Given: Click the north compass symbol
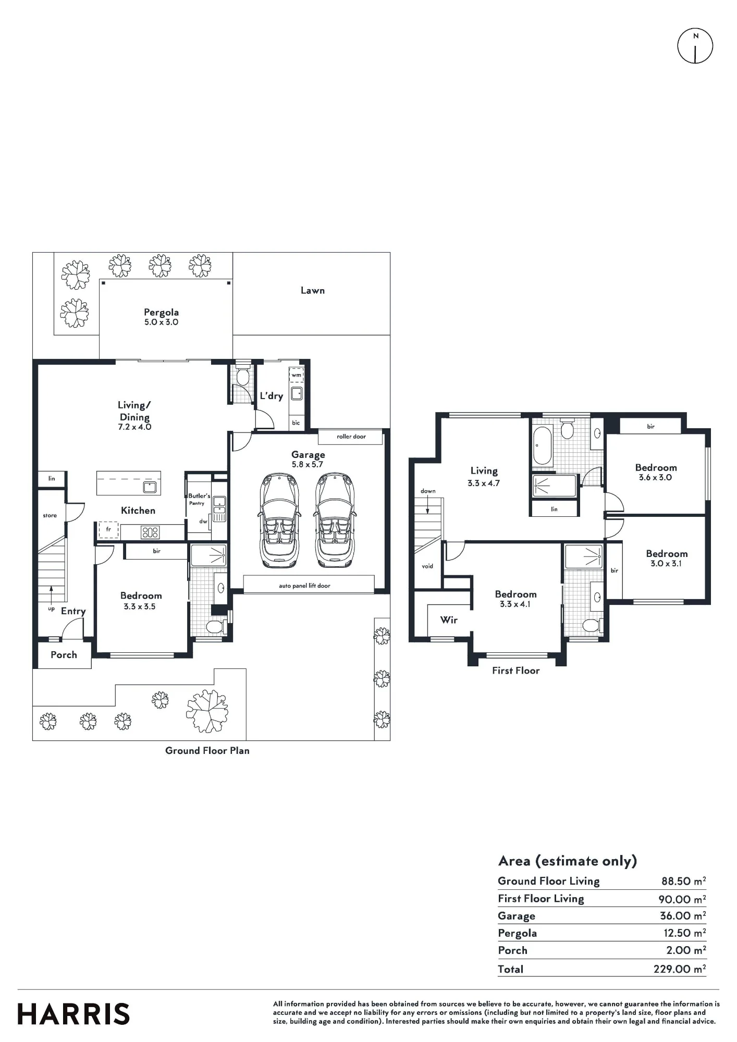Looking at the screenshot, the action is (695, 46).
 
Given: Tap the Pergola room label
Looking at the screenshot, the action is (162, 313).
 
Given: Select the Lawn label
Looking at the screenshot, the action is (313, 291).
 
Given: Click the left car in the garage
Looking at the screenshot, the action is (279, 520).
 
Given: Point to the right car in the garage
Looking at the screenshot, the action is (335, 520).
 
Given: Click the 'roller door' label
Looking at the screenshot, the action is (351, 437).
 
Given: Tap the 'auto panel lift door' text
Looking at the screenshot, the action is (304, 586).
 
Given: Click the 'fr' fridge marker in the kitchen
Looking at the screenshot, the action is (108, 529).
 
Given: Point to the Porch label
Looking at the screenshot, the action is (64, 655).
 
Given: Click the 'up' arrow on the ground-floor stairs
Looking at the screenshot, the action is (51, 594).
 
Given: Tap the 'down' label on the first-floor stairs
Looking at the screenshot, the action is (428, 491).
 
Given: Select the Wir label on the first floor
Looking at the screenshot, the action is (449, 620).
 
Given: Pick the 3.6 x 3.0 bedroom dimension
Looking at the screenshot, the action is (655, 477).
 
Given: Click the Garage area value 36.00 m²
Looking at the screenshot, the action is (683, 915).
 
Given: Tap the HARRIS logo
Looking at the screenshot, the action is (73, 1014).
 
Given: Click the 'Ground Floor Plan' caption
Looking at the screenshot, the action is (207, 751).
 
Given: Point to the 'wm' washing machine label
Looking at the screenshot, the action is (296, 375).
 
